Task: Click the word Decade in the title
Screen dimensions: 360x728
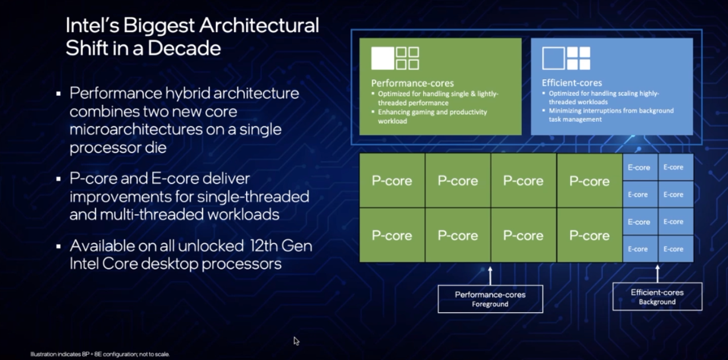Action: (183, 48)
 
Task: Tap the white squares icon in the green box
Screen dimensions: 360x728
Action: (395, 59)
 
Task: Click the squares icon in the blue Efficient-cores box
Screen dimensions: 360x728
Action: (566, 59)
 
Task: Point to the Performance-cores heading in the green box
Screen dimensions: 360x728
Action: (412, 83)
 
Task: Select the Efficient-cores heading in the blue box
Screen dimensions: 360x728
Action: (571, 83)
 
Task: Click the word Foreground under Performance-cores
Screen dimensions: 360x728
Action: (490, 304)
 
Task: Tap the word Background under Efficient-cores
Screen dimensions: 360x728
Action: (657, 302)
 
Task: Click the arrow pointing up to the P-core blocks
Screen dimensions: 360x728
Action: (490, 275)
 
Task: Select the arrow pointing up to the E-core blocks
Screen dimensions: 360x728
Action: (657, 273)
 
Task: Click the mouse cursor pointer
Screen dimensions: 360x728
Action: (296, 341)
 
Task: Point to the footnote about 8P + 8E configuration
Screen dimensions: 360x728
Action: (100, 354)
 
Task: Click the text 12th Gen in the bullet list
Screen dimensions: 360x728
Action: (281, 246)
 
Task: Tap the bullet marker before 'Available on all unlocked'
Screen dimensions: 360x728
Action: (58, 247)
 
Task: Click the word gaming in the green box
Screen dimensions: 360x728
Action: (428, 112)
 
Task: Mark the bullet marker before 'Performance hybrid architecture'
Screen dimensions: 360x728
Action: (58, 93)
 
